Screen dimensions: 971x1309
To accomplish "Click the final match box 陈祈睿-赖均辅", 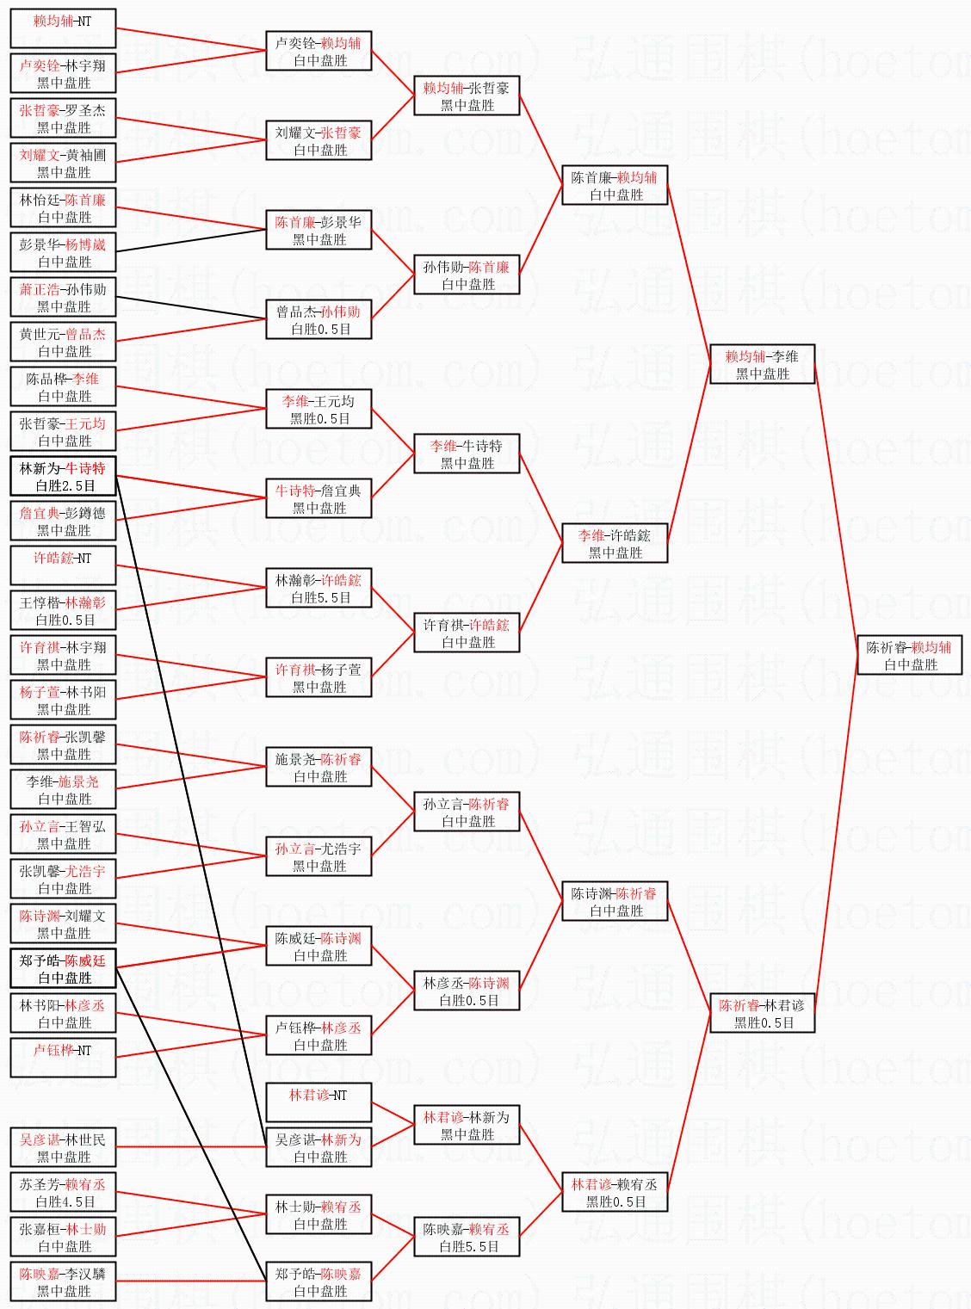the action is point(910,656).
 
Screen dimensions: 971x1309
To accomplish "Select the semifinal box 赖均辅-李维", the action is point(762,365).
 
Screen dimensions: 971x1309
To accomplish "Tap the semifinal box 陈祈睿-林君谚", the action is point(762,1014).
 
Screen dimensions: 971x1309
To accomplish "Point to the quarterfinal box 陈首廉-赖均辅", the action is point(615,186).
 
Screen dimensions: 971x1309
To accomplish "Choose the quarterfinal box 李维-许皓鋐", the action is point(615,544).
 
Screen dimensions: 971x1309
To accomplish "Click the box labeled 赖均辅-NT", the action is point(63,28).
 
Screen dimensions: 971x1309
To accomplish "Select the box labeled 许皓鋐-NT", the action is point(63,565).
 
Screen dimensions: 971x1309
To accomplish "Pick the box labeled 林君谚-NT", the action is point(319,1102).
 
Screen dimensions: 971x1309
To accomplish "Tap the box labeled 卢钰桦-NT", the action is point(63,1058).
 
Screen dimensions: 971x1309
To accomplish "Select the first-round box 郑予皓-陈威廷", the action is point(63,969).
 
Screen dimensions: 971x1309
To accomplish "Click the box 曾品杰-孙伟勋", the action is point(319,320).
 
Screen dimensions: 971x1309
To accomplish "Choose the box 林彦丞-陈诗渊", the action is point(467,991).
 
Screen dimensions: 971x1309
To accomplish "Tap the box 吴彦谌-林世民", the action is point(63,1148).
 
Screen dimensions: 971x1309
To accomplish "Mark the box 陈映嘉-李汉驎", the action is point(63,1282).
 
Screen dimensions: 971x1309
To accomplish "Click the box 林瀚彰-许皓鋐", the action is point(319,589).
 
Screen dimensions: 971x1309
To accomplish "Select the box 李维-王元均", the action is point(319,410).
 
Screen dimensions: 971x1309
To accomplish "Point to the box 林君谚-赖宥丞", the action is point(615,1193).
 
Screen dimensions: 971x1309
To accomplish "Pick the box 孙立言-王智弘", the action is point(63,835).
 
